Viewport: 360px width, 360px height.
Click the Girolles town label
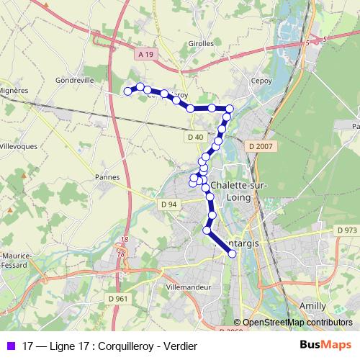point(202,43)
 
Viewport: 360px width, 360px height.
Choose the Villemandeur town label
point(189,286)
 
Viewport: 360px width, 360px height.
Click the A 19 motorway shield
point(146,54)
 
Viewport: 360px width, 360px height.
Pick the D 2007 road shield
point(262,147)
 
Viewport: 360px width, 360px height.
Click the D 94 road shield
point(169,204)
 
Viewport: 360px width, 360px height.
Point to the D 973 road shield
point(346,230)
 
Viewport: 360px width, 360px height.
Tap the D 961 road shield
point(118,299)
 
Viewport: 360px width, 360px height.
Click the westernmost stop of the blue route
point(128,91)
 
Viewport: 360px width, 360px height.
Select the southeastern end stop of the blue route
point(232,253)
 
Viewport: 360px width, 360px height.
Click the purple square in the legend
point(9,346)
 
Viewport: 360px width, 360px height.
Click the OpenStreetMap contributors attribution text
point(297,323)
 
